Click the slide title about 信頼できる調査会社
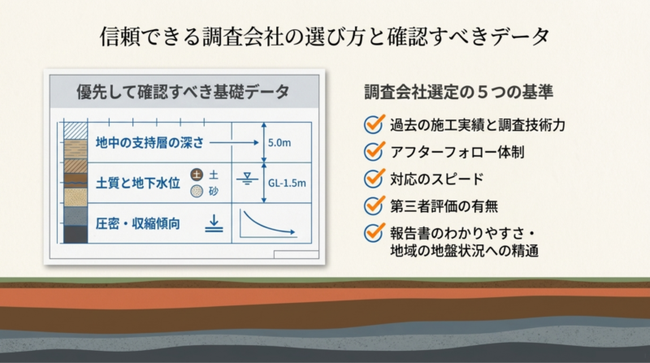click(324, 37)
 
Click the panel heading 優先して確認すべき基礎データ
click(183, 92)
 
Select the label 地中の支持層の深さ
click(149, 143)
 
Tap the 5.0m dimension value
click(279, 143)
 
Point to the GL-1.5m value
click(287, 184)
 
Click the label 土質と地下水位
click(137, 183)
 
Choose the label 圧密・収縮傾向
click(137, 224)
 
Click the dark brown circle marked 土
click(197, 175)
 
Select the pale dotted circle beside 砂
click(197, 191)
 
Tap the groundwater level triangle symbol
click(247, 179)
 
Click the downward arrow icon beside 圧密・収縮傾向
click(214, 223)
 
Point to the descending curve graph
click(268, 223)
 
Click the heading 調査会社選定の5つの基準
click(458, 92)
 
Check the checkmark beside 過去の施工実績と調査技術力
click(374, 124)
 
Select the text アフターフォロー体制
click(457, 152)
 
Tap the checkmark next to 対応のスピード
click(374, 178)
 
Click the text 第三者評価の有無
click(444, 206)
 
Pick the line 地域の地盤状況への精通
click(464, 251)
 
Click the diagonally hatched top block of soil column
click(76, 131)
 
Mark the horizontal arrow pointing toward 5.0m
click(234, 143)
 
